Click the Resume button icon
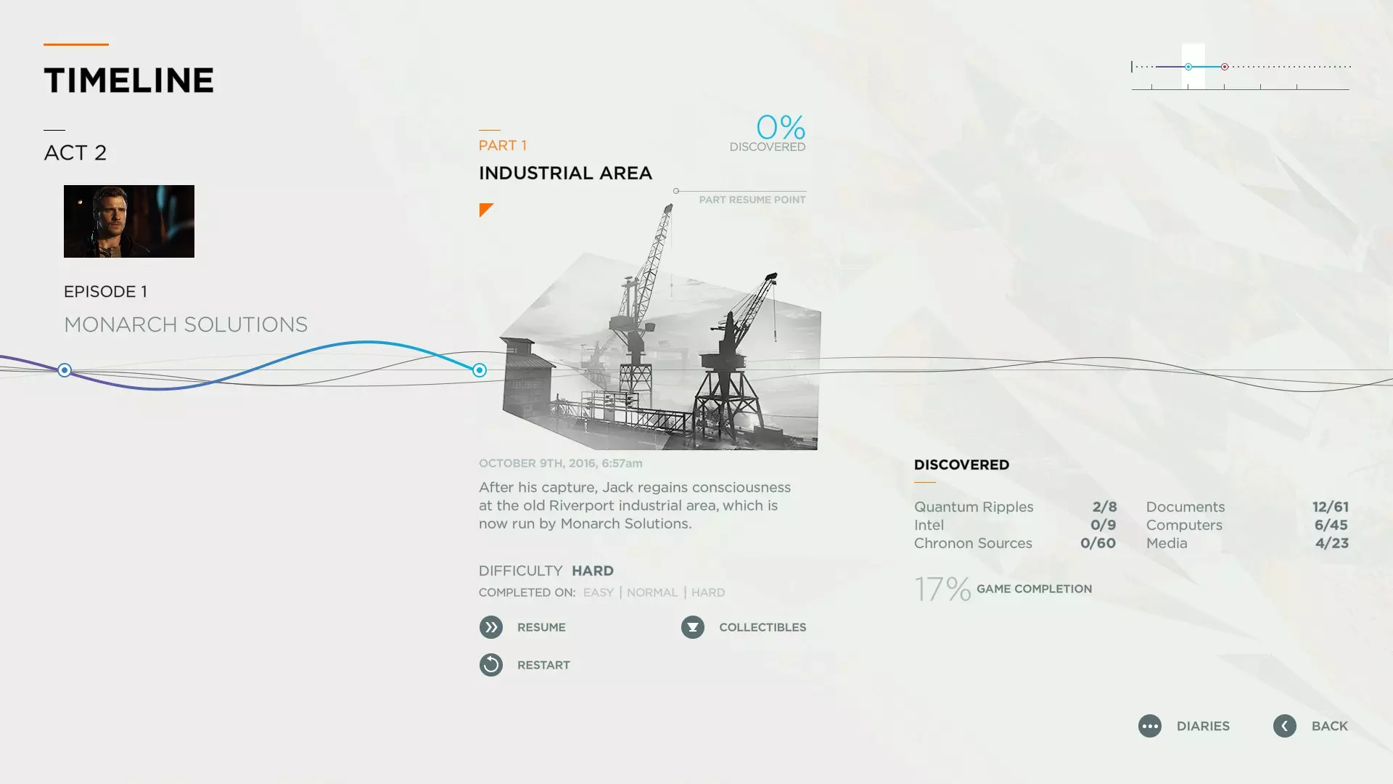click(491, 627)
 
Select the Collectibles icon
click(693, 627)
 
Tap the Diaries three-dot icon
click(1150, 726)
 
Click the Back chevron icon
click(1285, 726)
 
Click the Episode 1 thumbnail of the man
click(129, 221)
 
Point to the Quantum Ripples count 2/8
click(1104, 507)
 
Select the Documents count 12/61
click(1331, 507)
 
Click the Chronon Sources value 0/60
click(1098, 543)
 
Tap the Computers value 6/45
click(1331, 525)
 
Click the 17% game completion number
click(942, 589)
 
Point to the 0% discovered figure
click(781, 128)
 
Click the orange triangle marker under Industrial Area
click(485, 209)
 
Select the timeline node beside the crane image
click(480, 370)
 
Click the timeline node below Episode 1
click(65, 370)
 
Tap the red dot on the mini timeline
click(1225, 67)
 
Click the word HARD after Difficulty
click(593, 571)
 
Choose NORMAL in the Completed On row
click(652, 592)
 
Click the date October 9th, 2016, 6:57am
click(561, 463)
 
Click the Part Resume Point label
click(752, 200)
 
